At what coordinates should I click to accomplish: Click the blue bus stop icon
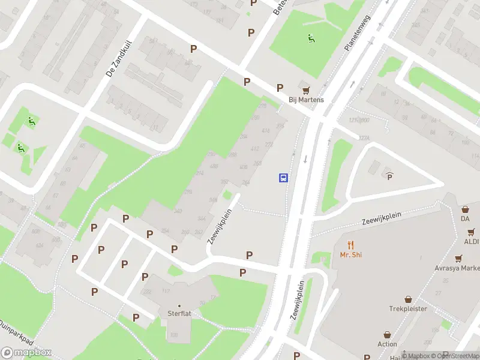click(x=283, y=178)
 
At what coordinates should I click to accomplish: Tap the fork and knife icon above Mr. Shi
click(x=351, y=244)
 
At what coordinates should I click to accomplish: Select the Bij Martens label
click(x=306, y=100)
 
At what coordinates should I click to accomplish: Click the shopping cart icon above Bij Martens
click(x=307, y=89)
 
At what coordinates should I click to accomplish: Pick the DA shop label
click(x=465, y=219)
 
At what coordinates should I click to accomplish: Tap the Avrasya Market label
click(x=459, y=269)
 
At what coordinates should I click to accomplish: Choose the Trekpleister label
click(x=408, y=309)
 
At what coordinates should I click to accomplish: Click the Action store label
click(x=387, y=344)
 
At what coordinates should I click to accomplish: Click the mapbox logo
click(x=26, y=353)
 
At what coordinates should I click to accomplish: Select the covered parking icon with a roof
click(x=389, y=175)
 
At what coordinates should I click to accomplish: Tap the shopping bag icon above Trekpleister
click(x=408, y=299)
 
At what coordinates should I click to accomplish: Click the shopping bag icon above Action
click(x=387, y=334)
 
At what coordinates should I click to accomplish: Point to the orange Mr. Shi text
click(x=351, y=254)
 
